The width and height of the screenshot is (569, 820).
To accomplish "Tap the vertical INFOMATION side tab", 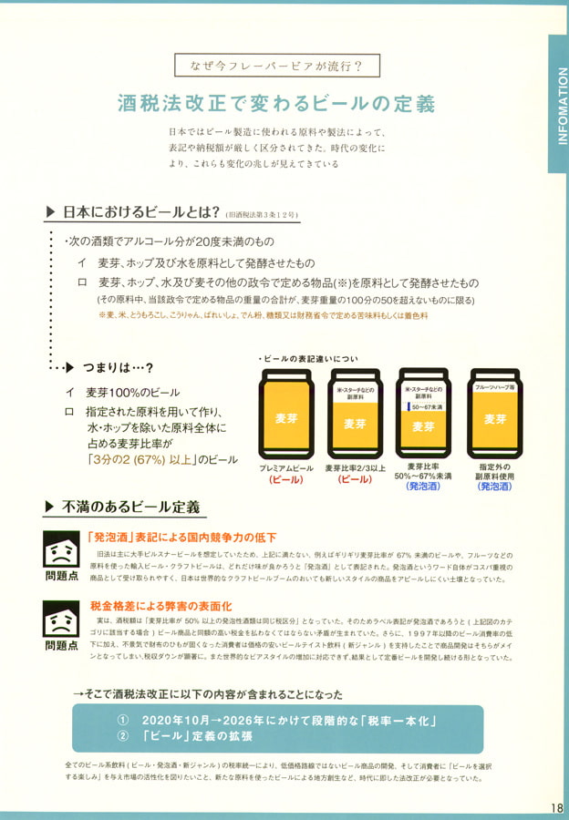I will tap(558, 104).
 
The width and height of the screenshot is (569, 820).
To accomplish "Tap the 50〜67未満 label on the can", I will tap(424, 406).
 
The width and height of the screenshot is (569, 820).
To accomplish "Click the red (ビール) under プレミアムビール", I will tap(285, 479).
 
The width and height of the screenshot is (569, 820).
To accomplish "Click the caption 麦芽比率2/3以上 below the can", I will tap(355, 467).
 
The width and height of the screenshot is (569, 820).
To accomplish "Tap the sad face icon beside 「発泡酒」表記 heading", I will tap(61, 550).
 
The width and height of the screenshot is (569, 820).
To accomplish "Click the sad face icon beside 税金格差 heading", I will tap(61, 620).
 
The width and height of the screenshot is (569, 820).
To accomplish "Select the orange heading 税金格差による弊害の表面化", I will tap(162, 605).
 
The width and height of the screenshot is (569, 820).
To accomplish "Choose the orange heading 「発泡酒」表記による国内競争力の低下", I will tap(181, 537).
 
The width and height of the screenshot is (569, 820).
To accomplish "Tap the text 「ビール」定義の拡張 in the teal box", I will tap(200, 736).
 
